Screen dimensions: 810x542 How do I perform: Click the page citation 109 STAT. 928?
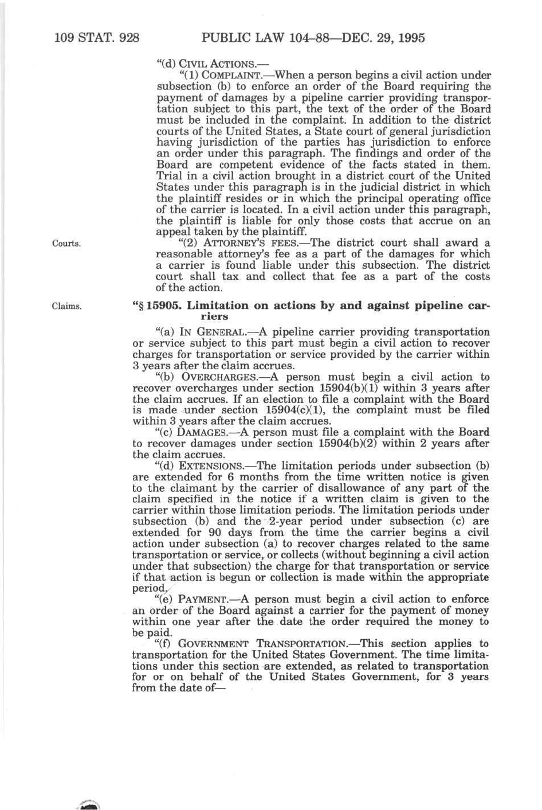[97, 38]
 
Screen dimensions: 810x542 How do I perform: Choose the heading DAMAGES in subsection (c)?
[207, 433]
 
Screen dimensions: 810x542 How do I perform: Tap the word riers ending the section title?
[215, 316]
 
